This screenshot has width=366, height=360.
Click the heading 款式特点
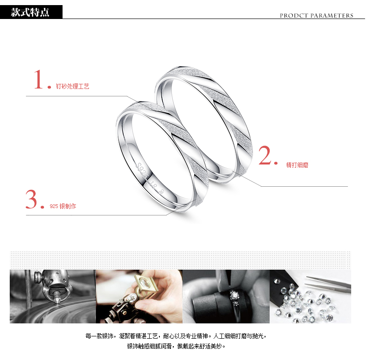tap(30, 12)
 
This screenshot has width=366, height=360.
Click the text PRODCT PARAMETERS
tap(316, 16)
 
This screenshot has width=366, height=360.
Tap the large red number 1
tap(39, 79)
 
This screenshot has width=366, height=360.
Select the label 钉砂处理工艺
tap(72, 86)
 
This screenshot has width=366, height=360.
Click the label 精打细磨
tap(297, 165)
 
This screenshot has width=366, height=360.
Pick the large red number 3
tap(32, 199)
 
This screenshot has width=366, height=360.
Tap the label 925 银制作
tap(63, 206)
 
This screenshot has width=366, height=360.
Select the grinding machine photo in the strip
tap(53, 296)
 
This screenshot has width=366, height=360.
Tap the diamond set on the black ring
tap(234, 296)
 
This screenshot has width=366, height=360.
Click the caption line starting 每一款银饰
tap(176, 336)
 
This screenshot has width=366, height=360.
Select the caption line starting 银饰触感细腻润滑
tap(176, 346)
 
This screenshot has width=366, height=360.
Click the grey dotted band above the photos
tap(180, 260)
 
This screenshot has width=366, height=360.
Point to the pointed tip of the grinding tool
tap(57, 303)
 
